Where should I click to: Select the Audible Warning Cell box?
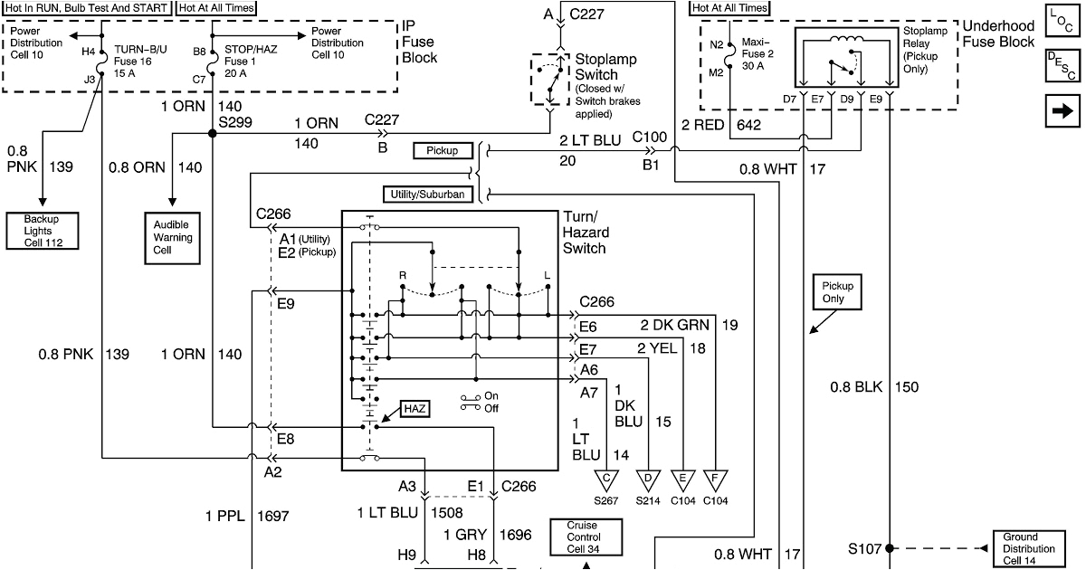pos(172,237)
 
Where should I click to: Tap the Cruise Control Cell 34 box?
pos(585,537)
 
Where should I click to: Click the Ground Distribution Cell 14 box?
pos(1028,548)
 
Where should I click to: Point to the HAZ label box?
pos(415,408)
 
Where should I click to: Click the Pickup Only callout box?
pos(838,292)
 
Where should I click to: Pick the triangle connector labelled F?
pos(716,479)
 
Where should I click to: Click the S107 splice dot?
pos(889,548)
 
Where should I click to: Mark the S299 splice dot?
pos(212,133)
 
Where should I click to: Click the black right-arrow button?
pos(1060,110)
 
